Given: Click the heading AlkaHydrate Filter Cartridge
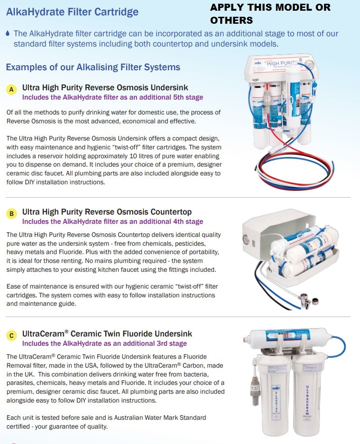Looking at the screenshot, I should tap(72, 12).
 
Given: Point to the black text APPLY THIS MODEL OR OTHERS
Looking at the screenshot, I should tap(270, 13).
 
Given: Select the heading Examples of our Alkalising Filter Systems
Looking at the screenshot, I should tap(93, 67).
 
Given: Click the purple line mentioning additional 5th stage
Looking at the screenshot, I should tap(113, 97).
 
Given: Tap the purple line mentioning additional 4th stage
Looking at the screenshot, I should tap(113, 222).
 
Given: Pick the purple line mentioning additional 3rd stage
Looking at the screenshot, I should tap(104, 343).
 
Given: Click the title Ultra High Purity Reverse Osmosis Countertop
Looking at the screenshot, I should tap(107, 212).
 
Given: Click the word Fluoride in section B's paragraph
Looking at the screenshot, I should tap(69, 252).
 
